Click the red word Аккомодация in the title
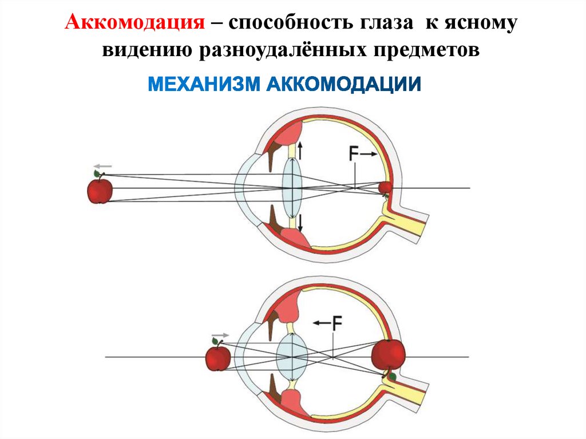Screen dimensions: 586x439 pos(136,24)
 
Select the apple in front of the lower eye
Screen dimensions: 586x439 pos(218,358)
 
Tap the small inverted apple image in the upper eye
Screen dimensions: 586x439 pos(386,188)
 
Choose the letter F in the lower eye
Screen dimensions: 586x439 pos(336,323)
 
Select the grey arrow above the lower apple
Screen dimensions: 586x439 pos(220,335)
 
